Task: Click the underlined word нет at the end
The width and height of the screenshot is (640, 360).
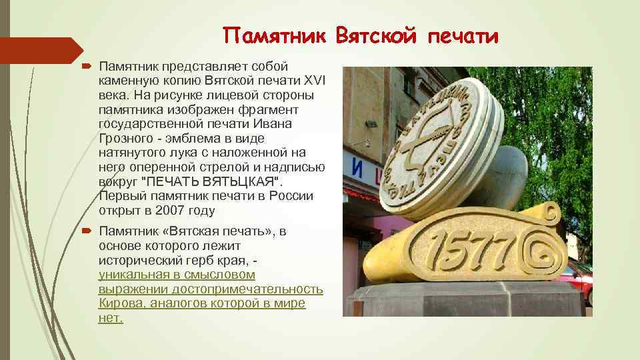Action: (x=110, y=318)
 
